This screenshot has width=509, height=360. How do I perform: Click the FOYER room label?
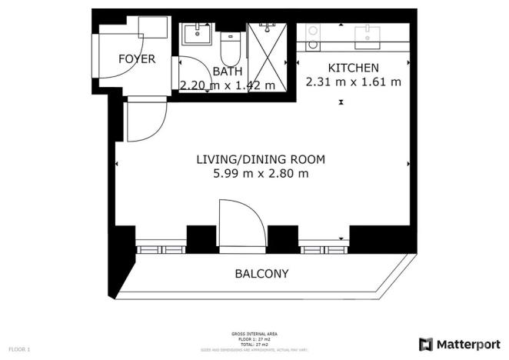[x=137, y=59]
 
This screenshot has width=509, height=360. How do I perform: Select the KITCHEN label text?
[x=354, y=68]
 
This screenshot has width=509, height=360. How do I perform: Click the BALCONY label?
[x=262, y=274]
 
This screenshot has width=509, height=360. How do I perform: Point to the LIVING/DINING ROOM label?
[x=261, y=160]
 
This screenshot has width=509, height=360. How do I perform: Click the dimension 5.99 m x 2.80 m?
[x=261, y=174]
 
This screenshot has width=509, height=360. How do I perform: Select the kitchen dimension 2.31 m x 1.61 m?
[x=354, y=82]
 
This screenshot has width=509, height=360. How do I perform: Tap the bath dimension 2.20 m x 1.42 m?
[x=228, y=85]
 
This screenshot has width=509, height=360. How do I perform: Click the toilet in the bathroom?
[x=229, y=49]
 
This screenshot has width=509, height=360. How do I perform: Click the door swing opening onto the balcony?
[x=241, y=224]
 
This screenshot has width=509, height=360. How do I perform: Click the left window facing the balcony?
[x=161, y=248]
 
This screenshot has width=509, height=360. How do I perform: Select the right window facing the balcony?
[x=323, y=248]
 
